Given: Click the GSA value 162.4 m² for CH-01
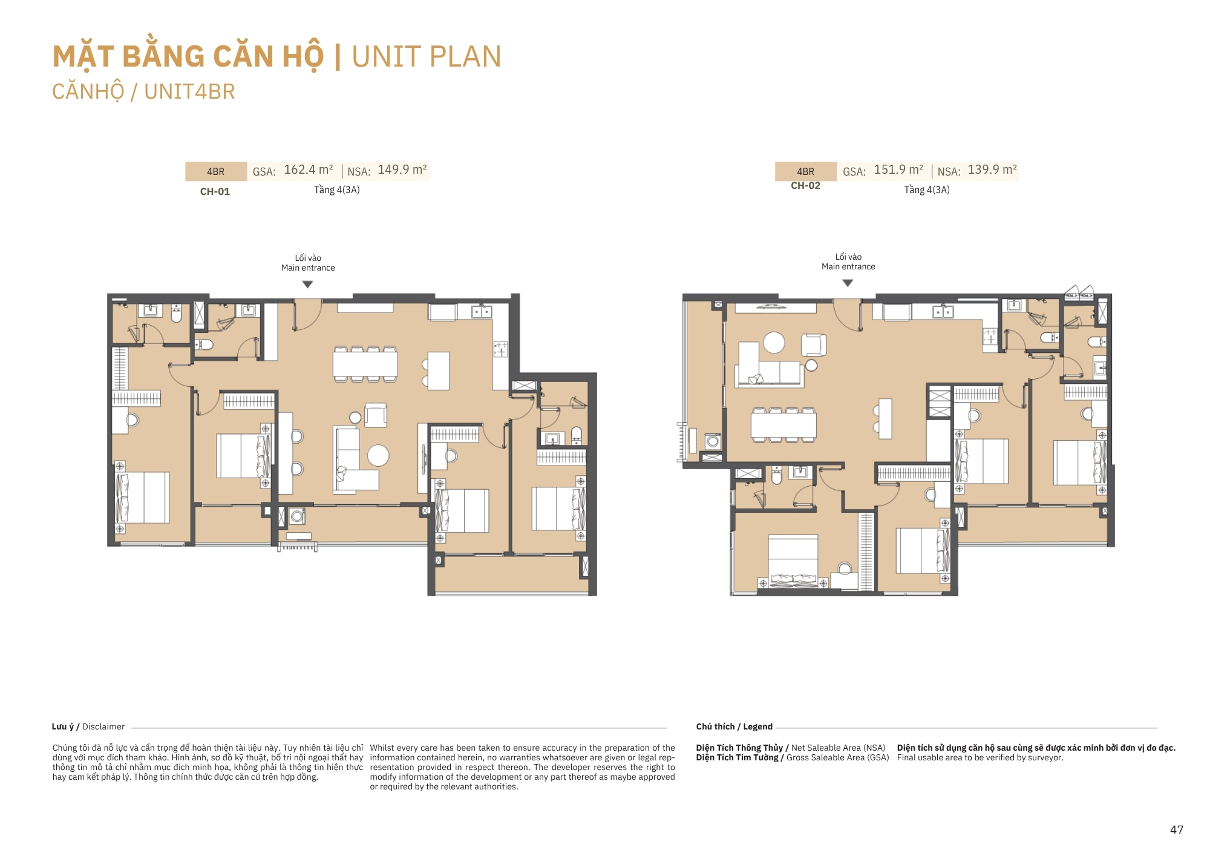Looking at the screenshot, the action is [x=309, y=170].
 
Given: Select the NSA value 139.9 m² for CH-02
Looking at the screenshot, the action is [x=992, y=170].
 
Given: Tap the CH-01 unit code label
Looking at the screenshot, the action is [x=215, y=192].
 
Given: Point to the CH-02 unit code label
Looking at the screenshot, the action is [x=805, y=186].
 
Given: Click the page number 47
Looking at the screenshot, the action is [x=1177, y=829].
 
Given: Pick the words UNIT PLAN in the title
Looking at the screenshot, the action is [x=427, y=57].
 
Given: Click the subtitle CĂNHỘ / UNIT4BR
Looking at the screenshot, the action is [x=143, y=92].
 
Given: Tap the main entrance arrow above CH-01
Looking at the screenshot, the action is [x=308, y=285].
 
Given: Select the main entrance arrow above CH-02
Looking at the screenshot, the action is [x=848, y=283].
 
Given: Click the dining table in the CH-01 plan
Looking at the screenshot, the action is [x=365, y=364].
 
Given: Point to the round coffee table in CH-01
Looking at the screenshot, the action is [x=378, y=456].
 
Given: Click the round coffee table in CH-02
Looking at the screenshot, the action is [x=774, y=343].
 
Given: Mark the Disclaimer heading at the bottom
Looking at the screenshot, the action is [x=88, y=726].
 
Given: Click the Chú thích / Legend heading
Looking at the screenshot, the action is [x=734, y=726].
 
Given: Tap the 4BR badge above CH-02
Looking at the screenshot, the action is [x=805, y=172].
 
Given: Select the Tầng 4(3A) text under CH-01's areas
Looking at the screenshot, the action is [x=337, y=190].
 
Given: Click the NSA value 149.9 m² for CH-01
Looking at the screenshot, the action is [x=402, y=170].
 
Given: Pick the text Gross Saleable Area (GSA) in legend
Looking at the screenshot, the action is [x=838, y=758].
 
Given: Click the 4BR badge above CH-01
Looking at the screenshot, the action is [x=215, y=172].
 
